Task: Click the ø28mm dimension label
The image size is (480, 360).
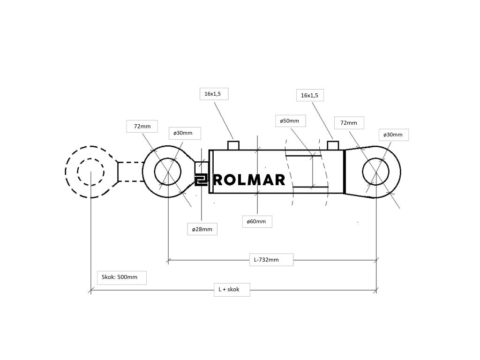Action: click(202, 229)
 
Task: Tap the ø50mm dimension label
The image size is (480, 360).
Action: click(289, 121)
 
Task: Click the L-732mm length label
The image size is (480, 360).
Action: click(266, 260)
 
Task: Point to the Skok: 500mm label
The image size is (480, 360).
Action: click(120, 277)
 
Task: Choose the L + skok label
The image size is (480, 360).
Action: click(229, 289)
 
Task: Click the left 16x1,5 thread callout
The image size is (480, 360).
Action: click(212, 94)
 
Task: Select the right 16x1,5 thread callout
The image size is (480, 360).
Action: click(309, 96)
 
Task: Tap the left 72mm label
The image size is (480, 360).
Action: click(142, 126)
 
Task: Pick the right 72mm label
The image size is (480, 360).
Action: click(349, 123)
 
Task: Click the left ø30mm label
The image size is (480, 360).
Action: click(183, 133)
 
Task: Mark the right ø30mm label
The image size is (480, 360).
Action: click(393, 135)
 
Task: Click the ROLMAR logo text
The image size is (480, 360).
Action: click(249, 180)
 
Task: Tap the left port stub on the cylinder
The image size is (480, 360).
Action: click(233, 145)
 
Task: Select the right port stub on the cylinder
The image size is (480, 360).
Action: click(333, 145)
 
